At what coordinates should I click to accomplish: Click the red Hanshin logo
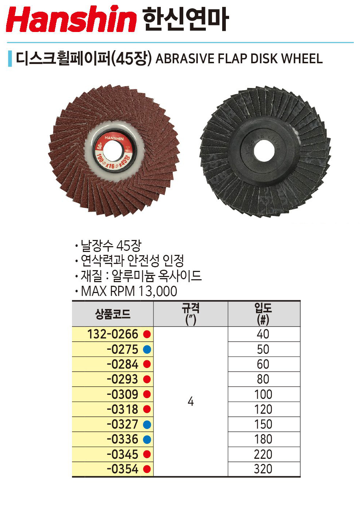coord(71,19)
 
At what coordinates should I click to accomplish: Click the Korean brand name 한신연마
coord(186,19)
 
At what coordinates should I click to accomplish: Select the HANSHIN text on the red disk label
coord(114,138)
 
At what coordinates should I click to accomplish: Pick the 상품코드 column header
coord(113,314)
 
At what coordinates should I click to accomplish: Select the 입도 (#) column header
coord(263,314)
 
